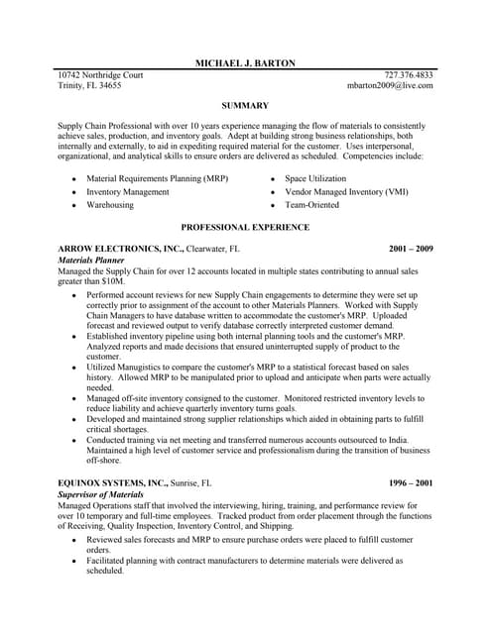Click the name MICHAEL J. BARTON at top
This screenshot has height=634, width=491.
[x=245, y=62]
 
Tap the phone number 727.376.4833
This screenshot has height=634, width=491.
[x=409, y=74]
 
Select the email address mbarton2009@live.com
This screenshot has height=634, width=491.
[x=390, y=86]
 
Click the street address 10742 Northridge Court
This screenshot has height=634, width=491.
[x=100, y=74]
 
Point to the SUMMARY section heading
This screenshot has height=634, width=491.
[x=245, y=105]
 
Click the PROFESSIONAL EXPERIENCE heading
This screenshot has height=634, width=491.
[x=245, y=227]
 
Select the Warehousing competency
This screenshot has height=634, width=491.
[x=110, y=205]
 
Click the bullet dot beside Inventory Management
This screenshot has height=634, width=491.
[x=73, y=192]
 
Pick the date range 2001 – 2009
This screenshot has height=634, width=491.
[x=411, y=249]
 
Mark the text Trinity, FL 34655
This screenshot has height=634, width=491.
[x=90, y=86]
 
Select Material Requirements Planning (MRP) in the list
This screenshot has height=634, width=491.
[x=157, y=179]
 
